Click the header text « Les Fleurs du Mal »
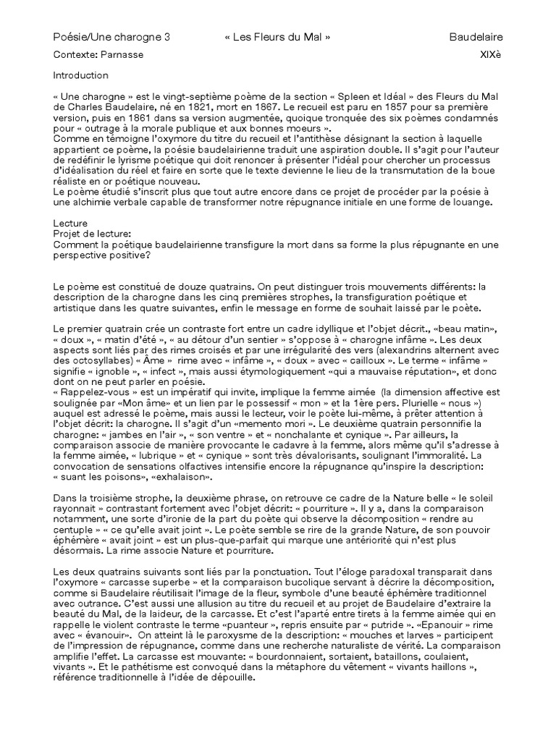277,37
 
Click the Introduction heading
81,75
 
